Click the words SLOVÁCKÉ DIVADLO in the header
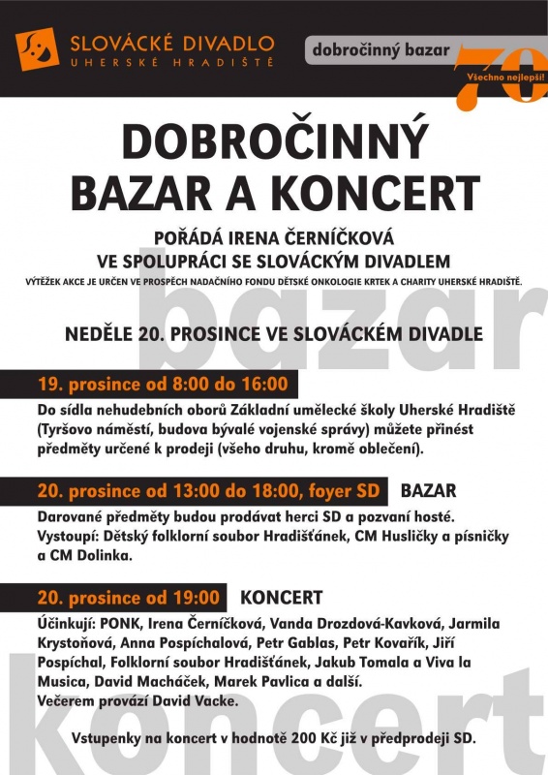171,43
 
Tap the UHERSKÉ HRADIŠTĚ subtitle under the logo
171,64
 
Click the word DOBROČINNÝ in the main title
274,143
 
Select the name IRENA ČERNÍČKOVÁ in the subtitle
335,237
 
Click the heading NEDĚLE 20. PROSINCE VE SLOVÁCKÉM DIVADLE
274,334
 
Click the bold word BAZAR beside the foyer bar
427,490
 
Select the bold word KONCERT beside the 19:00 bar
281,597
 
